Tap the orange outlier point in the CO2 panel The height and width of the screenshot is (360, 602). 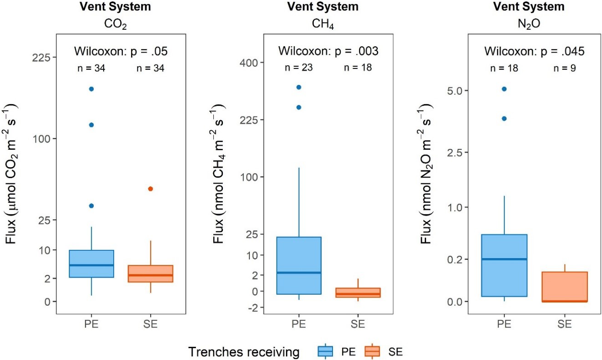pyautogui.click(x=151, y=189)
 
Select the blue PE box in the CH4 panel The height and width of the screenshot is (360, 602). pyautogui.click(x=299, y=265)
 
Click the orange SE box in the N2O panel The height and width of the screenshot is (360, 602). pyautogui.click(x=565, y=287)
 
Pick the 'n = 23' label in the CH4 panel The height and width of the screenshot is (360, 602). pyautogui.click(x=298, y=68)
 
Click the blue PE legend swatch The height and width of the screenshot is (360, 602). pyautogui.click(x=325, y=351)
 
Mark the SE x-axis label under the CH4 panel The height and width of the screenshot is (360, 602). pyautogui.click(x=358, y=325)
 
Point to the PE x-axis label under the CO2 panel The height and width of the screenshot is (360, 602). pyautogui.click(x=91, y=325)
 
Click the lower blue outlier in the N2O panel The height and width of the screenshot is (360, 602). pyautogui.click(x=504, y=118)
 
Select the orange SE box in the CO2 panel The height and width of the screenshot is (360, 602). pyautogui.click(x=151, y=274)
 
